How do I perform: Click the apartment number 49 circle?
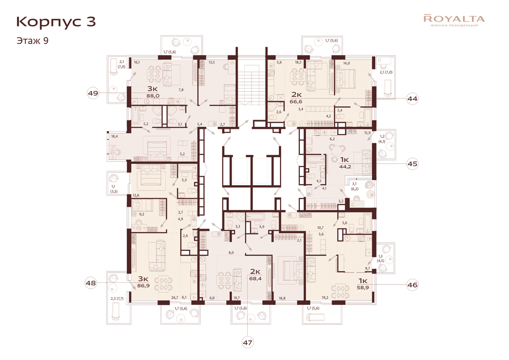coord(93,93)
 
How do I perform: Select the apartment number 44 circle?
coord(412,99)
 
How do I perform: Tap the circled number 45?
coord(412,164)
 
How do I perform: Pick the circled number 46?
coord(412,285)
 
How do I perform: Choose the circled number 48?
coord(91,283)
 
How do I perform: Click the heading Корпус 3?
coord(56,22)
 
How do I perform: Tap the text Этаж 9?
coord(32,41)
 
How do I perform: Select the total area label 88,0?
coord(153,96)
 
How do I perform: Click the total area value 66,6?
coord(296,101)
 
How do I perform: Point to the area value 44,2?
coord(345,167)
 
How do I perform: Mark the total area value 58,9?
coord(363,287)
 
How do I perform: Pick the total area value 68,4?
coord(255,278)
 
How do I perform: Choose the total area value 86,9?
coord(143,286)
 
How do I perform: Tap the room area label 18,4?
coord(114,137)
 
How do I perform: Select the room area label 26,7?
coord(175,298)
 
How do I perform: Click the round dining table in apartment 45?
coord(336,150)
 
